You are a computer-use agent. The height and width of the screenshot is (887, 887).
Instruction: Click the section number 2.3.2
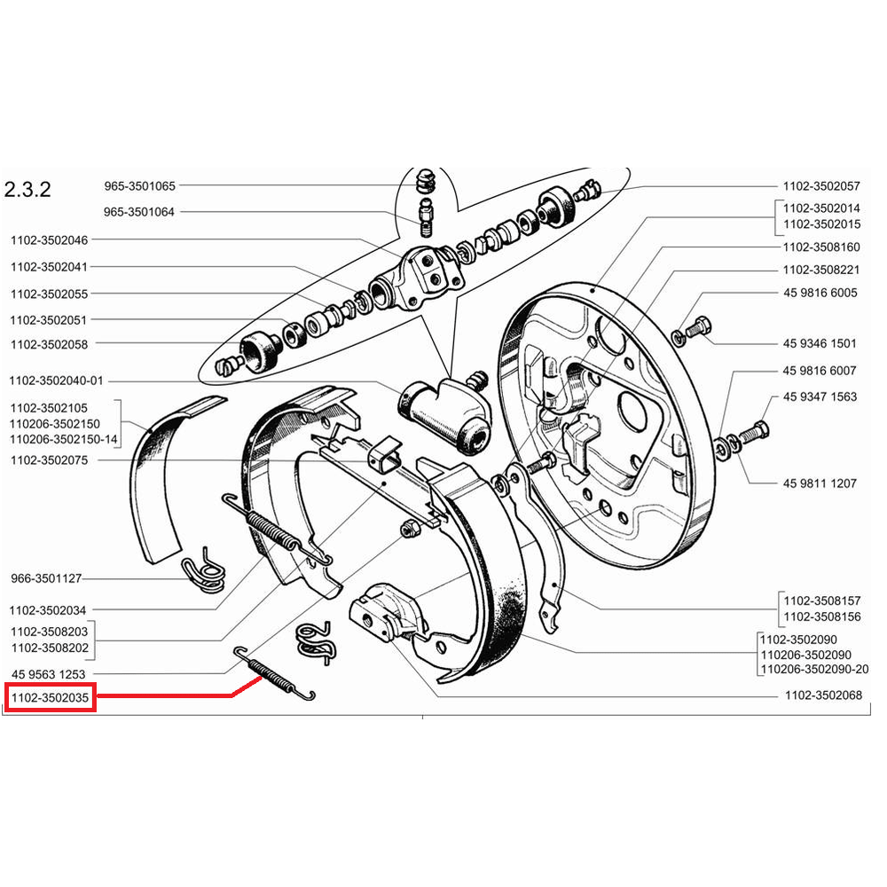tap(28, 190)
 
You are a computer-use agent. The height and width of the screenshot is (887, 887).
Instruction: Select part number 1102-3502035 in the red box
tap(51, 699)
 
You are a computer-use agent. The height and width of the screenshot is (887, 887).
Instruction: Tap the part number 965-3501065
tap(139, 186)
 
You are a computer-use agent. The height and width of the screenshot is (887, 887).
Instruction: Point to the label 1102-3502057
tap(821, 186)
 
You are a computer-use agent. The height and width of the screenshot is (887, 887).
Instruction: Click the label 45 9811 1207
tap(820, 483)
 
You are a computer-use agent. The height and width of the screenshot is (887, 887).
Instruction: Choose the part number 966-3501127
tap(46, 578)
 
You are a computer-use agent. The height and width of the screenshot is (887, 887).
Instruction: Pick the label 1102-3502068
tap(823, 696)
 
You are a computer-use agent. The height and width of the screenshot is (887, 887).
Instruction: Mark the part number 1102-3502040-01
tap(58, 381)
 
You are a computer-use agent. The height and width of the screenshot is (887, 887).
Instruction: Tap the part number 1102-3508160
tap(821, 247)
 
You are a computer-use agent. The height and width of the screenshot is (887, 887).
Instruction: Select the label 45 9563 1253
tap(49, 674)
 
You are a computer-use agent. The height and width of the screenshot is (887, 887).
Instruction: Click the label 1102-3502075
tap(50, 461)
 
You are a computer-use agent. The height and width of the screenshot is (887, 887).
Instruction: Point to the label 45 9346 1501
tap(820, 343)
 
